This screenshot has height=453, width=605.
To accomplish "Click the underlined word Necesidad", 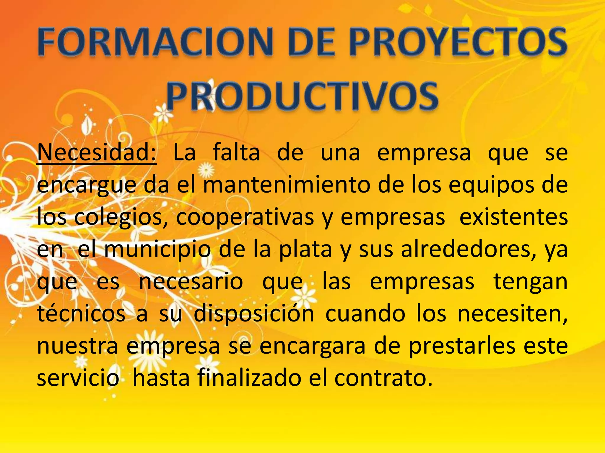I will pyautogui.click(x=97, y=152).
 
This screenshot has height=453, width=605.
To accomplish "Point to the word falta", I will pyautogui.click(x=236, y=152).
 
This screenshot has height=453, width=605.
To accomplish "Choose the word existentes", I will pyautogui.click(x=513, y=217).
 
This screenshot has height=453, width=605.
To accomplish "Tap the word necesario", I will pyautogui.click(x=191, y=281).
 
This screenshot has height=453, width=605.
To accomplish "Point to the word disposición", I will pyautogui.click(x=254, y=314).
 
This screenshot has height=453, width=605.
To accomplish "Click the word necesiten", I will pyautogui.click(x=513, y=314).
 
